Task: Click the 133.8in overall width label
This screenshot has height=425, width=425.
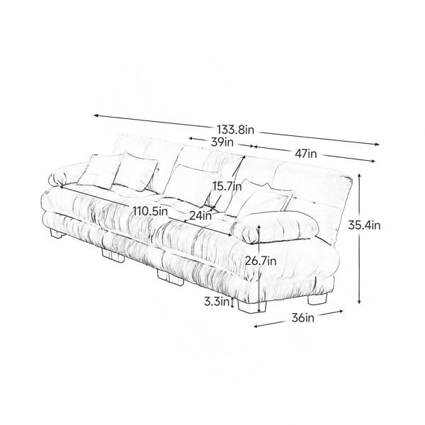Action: point(236,130)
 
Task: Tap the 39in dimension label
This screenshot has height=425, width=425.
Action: point(222,142)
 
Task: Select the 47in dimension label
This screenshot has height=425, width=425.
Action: point(306,154)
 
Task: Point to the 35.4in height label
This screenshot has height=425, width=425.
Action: point(364,225)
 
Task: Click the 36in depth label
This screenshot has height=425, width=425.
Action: point(303,317)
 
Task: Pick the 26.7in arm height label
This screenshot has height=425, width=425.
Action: point(261,261)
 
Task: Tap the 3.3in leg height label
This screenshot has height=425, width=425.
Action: point(217,302)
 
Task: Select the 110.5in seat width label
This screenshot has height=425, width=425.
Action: point(150,211)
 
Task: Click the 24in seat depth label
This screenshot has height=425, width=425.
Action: point(200,215)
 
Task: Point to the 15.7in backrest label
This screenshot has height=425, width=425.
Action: point(227,186)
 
